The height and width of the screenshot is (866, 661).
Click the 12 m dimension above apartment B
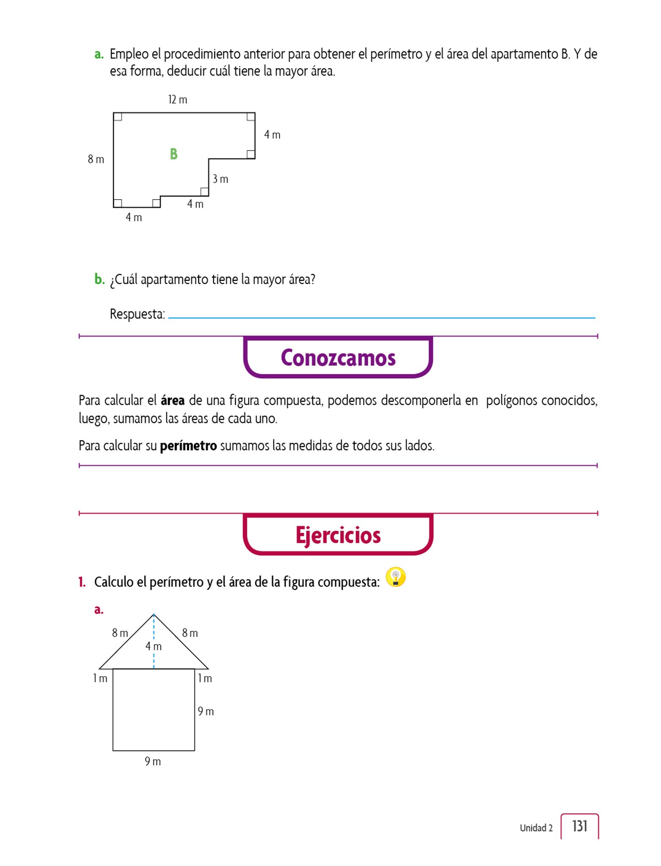pyautogui.click(x=178, y=100)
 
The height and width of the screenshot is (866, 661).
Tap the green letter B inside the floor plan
pyautogui.click(x=173, y=154)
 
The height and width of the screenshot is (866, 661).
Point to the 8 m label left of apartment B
pyautogui.click(x=96, y=159)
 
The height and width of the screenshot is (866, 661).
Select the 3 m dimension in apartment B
pyautogui.click(x=220, y=179)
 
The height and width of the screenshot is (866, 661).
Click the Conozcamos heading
pyautogui.click(x=338, y=358)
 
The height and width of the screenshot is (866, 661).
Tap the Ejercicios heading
pyautogui.click(x=338, y=535)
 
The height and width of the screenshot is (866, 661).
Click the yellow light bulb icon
pyautogui.click(x=396, y=577)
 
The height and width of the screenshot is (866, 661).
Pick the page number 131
pyautogui.click(x=580, y=826)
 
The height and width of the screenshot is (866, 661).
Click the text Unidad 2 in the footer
pyautogui.click(x=536, y=828)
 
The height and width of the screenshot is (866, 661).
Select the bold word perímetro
pyautogui.click(x=188, y=446)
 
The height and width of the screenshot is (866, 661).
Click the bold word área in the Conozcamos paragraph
pyautogui.click(x=172, y=400)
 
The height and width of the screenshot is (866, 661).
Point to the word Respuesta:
pyautogui.click(x=137, y=314)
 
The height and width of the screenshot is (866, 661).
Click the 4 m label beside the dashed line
pyautogui.click(x=153, y=646)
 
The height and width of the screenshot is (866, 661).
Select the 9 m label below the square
pyautogui.click(x=153, y=762)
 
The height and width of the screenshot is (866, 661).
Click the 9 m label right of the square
pyautogui.click(x=206, y=711)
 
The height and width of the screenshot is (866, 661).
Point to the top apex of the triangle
pyautogui.click(x=153, y=614)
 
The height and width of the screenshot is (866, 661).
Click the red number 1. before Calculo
pyautogui.click(x=82, y=582)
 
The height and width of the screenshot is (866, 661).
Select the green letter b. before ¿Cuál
pyautogui.click(x=99, y=280)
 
